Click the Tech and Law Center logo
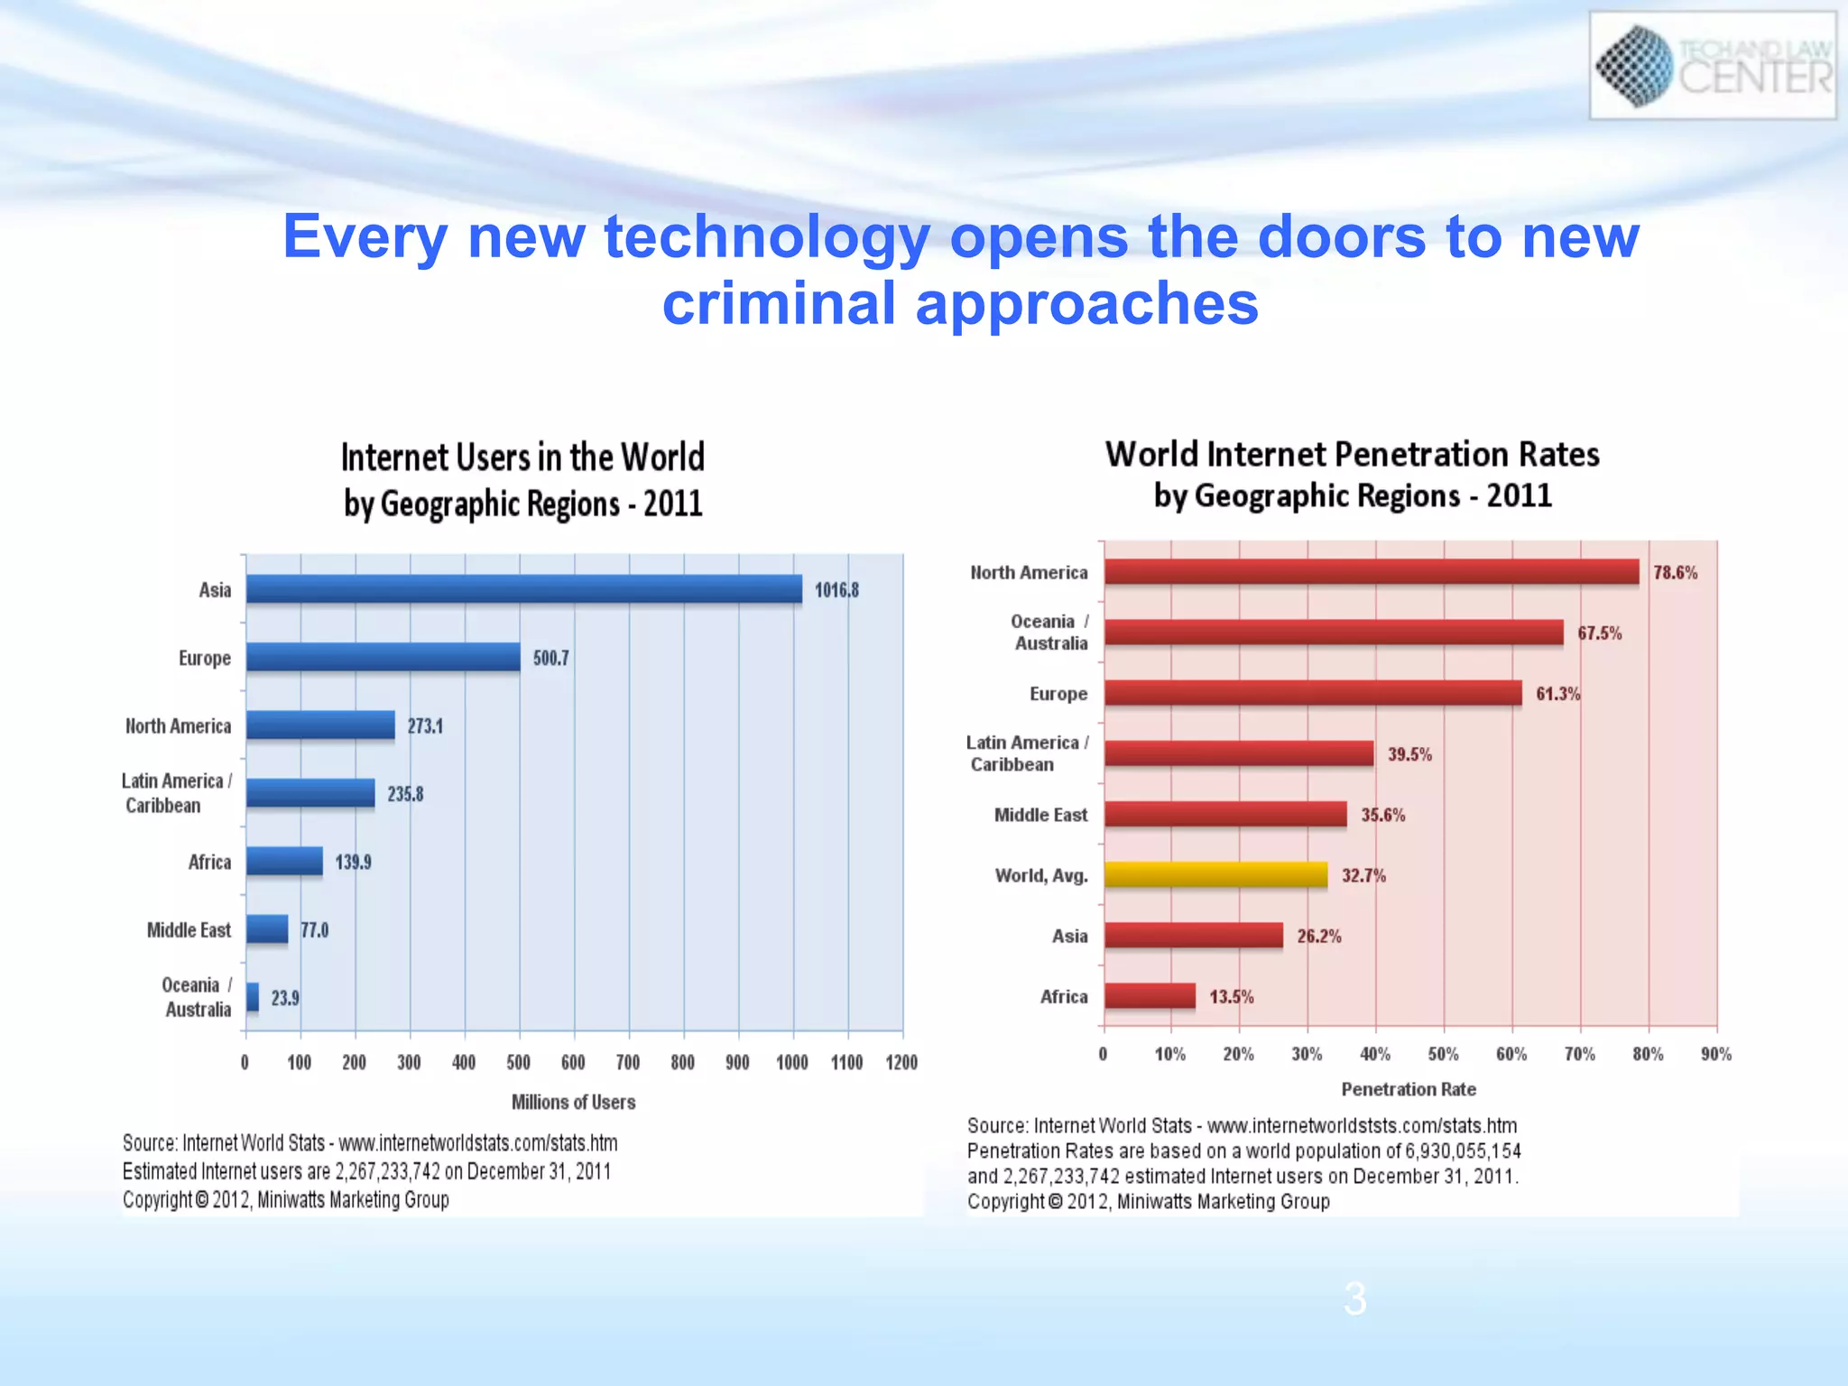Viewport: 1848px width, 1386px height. coord(1712,66)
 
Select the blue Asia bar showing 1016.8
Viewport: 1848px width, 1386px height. coord(523,589)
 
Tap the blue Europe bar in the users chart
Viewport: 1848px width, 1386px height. coord(383,657)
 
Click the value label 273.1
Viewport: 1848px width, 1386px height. coord(425,726)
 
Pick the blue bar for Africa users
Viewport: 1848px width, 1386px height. coord(284,862)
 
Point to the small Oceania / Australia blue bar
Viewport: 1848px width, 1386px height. coord(253,997)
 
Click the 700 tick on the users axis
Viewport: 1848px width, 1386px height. coord(628,1062)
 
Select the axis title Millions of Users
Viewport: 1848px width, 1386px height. coord(573,1102)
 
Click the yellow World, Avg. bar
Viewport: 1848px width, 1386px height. coord(1215,874)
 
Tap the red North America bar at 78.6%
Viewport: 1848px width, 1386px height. coord(1372,572)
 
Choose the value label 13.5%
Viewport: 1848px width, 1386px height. coord(1232,996)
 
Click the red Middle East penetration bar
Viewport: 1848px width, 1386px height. coord(1225,814)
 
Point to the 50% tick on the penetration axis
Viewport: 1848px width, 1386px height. coord(1443,1054)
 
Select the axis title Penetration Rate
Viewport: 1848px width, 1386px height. coord(1409,1089)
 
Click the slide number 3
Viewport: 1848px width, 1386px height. coord(1354,1299)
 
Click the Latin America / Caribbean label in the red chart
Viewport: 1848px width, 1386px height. coord(1026,753)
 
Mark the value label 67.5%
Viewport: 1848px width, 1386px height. coord(1599,633)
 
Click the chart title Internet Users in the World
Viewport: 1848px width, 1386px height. coord(522,457)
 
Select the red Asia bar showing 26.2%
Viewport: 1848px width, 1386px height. coord(1193,936)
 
